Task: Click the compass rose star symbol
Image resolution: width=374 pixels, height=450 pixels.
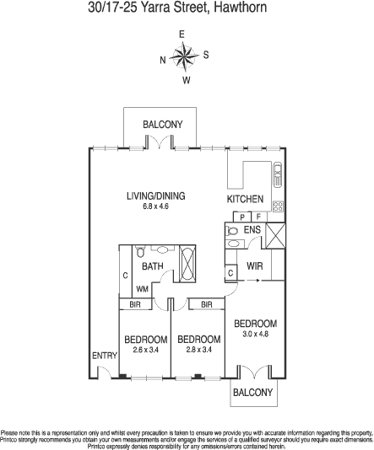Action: point(184,56)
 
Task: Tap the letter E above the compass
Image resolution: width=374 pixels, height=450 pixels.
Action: point(182,35)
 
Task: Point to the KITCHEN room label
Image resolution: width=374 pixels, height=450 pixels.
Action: point(245,199)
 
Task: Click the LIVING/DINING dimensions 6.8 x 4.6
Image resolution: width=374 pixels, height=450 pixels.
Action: point(155,206)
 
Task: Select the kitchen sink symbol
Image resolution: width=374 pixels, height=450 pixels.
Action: point(278,174)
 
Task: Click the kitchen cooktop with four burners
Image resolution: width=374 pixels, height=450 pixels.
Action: point(278,206)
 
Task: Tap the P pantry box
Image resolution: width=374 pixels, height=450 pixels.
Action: point(242,217)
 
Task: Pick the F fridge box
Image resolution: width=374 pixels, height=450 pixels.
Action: point(258,217)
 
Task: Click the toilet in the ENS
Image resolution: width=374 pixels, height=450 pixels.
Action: point(231,230)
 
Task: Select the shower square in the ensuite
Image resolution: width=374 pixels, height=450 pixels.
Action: point(275,236)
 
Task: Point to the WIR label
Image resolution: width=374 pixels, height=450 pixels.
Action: point(255,266)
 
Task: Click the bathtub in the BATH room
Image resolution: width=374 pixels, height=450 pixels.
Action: point(187,264)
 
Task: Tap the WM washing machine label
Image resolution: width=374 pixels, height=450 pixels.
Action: point(143,289)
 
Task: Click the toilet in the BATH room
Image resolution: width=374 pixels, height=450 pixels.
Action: point(140,251)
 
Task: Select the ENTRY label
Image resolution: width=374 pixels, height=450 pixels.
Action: point(105,356)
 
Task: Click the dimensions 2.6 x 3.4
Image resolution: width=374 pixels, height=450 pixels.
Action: point(146,350)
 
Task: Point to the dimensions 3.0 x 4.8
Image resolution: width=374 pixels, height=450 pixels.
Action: point(255,334)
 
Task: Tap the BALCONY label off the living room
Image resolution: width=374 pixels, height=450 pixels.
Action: point(163,124)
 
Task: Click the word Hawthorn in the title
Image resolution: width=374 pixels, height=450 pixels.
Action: point(241,8)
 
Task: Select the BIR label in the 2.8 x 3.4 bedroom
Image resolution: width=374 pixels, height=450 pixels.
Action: point(206,304)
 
